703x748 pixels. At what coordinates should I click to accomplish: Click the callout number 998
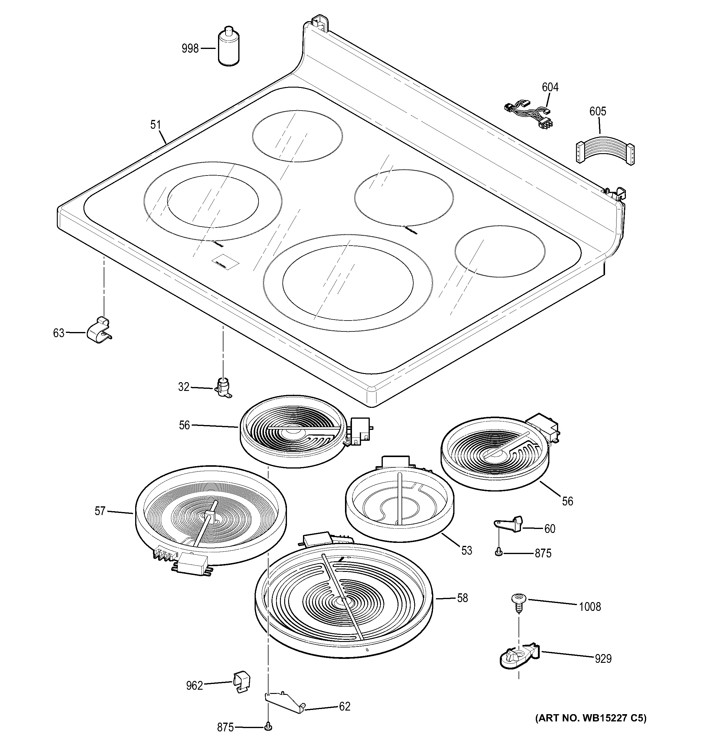tap(190, 49)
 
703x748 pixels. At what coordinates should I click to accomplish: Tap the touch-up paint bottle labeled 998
tap(229, 48)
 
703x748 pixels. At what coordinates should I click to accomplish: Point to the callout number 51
tap(155, 125)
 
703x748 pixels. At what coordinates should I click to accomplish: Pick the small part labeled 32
tap(223, 387)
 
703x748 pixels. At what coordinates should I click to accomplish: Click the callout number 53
tap(467, 551)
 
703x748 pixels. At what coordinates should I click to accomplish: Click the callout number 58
tap(462, 598)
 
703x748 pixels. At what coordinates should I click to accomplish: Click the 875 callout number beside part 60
tap(543, 553)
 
